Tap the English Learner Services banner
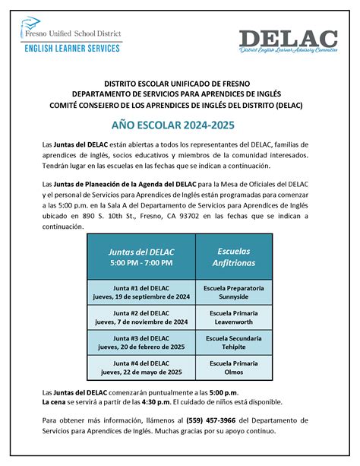click(73, 48)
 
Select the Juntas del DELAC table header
click(141, 256)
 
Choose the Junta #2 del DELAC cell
click(141, 317)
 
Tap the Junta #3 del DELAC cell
click(141, 341)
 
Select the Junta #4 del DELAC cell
click(141, 367)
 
